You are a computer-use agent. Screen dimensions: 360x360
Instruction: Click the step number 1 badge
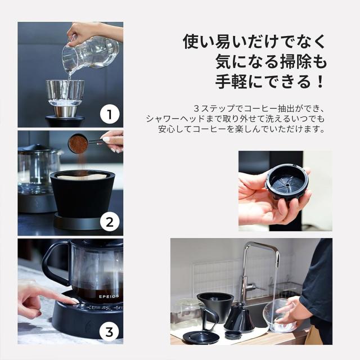click(110, 115)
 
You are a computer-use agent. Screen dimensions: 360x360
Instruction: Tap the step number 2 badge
click(110, 222)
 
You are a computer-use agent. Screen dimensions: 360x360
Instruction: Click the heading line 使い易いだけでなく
click(254, 42)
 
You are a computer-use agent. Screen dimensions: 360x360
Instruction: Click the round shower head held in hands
click(286, 183)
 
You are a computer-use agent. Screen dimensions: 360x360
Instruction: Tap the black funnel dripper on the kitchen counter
click(215, 306)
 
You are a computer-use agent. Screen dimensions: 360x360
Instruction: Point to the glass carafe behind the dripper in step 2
click(38, 169)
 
